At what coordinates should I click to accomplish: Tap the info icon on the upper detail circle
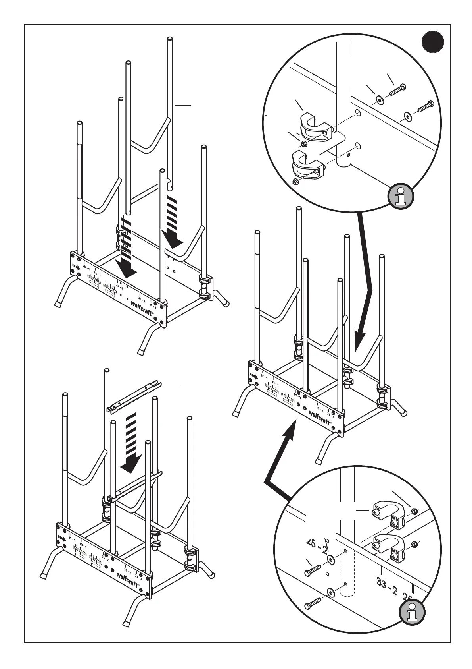pyautogui.click(x=401, y=196)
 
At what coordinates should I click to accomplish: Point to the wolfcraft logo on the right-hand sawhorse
pyautogui.click(x=320, y=417)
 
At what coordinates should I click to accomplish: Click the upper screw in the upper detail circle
pyautogui.click(x=397, y=90)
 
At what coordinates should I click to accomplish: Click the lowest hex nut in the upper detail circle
pyautogui.click(x=295, y=182)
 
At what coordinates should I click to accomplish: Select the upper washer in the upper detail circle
pyautogui.click(x=380, y=99)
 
